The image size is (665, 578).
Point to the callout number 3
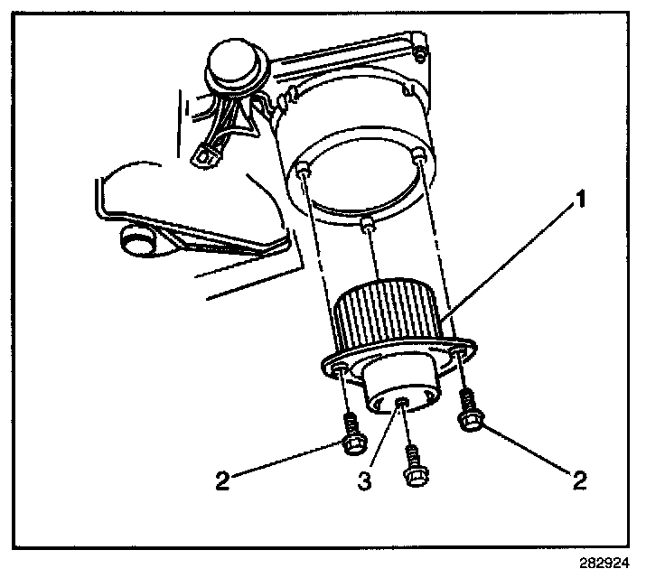[363, 480]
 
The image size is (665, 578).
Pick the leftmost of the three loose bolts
[350, 433]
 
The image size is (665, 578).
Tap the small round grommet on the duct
[136, 241]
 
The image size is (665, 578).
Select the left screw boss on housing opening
[304, 169]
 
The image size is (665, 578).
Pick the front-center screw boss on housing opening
[366, 222]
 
